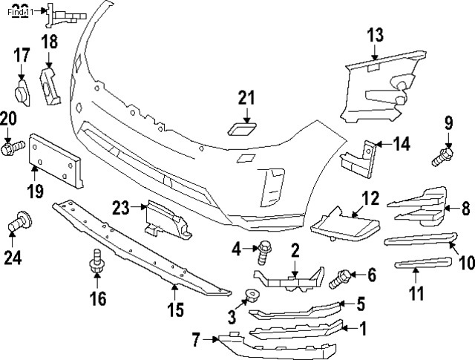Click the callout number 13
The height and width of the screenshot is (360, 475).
(x=375, y=34)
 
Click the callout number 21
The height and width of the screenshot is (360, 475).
(x=246, y=98)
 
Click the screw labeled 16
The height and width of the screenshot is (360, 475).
(x=96, y=264)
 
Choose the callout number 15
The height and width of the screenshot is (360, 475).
(x=174, y=309)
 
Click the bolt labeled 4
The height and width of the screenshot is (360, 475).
(x=263, y=254)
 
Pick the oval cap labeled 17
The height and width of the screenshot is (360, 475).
(x=22, y=94)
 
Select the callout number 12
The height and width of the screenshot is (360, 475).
(x=369, y=198)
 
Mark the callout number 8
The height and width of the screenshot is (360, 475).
(x=465, y=209)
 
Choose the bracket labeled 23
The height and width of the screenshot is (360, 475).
(x=165, y=220)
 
